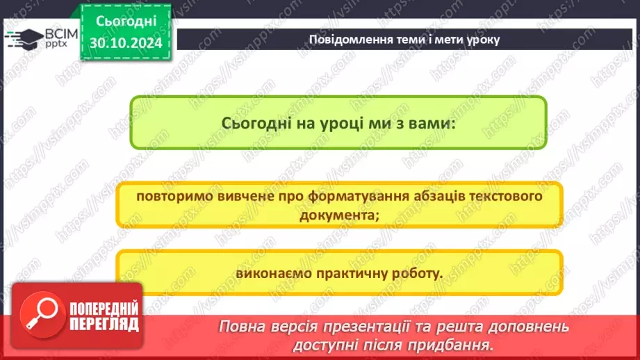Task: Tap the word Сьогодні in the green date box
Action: click(x=126, y=22)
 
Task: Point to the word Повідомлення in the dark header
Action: click(x=347, y=39)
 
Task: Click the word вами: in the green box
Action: click(x=432, y=123)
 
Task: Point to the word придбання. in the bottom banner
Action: click(x=460, y=344)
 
